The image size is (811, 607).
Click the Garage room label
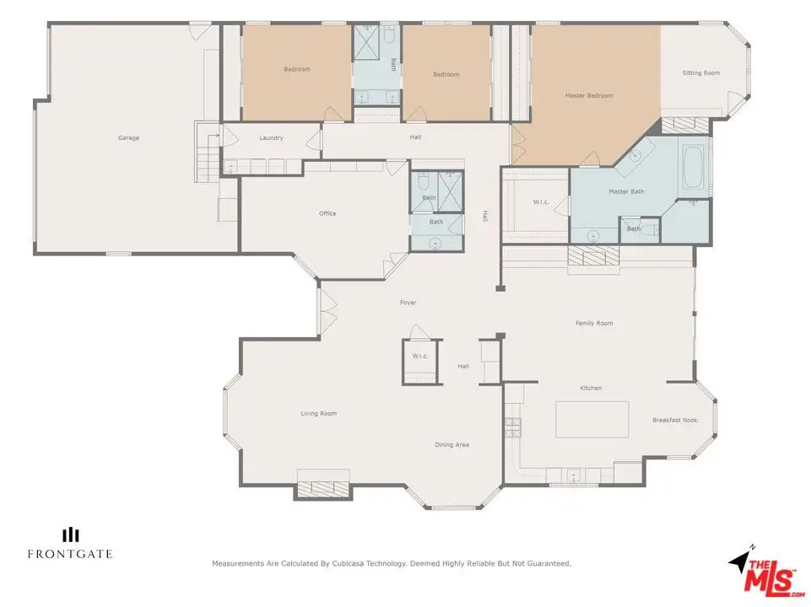[x=128, y=138]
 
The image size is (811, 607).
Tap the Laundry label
[x=271, y=138]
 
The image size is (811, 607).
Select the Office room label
[x=327, y=212]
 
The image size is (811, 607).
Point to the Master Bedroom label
[x=589, y=95]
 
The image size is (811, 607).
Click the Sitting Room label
[x=700, y=73]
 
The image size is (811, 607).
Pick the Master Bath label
[x=626, y=191]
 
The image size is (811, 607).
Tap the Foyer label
[x=408, y=302]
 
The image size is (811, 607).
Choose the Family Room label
[x=594, y=323]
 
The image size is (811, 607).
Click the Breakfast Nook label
[x=674, y=420]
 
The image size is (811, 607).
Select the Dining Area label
[x=451, y=444]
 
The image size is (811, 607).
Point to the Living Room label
[x=319, y=413]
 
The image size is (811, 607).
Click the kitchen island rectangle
[x=592, y=420]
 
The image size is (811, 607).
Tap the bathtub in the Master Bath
[x=694, y=166]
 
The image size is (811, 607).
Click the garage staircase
[x=207, y=153]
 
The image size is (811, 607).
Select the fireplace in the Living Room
[x=322, y=488]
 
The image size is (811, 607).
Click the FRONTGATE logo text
[x=70, y=554]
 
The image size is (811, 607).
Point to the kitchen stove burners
[x=512, y=427]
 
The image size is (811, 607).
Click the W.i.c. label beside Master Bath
[x=540, y=201]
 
